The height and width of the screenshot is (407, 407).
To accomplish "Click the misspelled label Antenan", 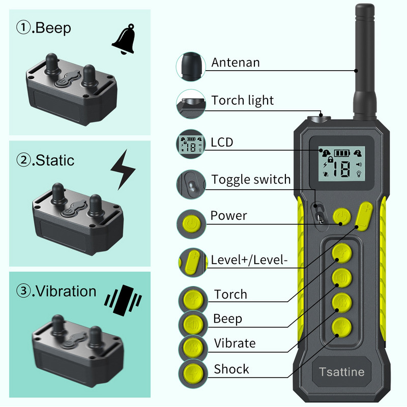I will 236,63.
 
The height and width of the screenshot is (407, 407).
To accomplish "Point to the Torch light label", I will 243,100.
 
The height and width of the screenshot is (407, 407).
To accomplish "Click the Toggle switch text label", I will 251,179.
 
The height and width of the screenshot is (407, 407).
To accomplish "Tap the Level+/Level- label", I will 249,260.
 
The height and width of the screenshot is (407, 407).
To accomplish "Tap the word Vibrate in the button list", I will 235,343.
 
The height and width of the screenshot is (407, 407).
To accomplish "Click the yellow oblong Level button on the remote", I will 363,217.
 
